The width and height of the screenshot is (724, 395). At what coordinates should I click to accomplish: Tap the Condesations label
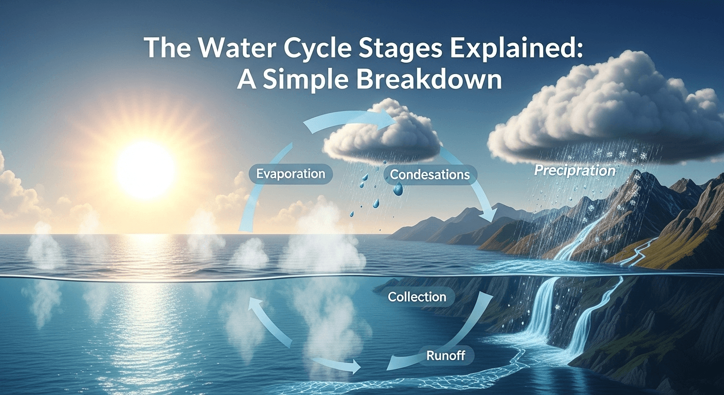coord(429,175)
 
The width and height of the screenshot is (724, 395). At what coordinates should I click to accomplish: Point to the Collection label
coord(417,297)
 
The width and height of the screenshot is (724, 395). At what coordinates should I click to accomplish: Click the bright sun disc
coord(146,171)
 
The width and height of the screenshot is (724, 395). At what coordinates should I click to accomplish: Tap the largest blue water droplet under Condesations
coord(397,190)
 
